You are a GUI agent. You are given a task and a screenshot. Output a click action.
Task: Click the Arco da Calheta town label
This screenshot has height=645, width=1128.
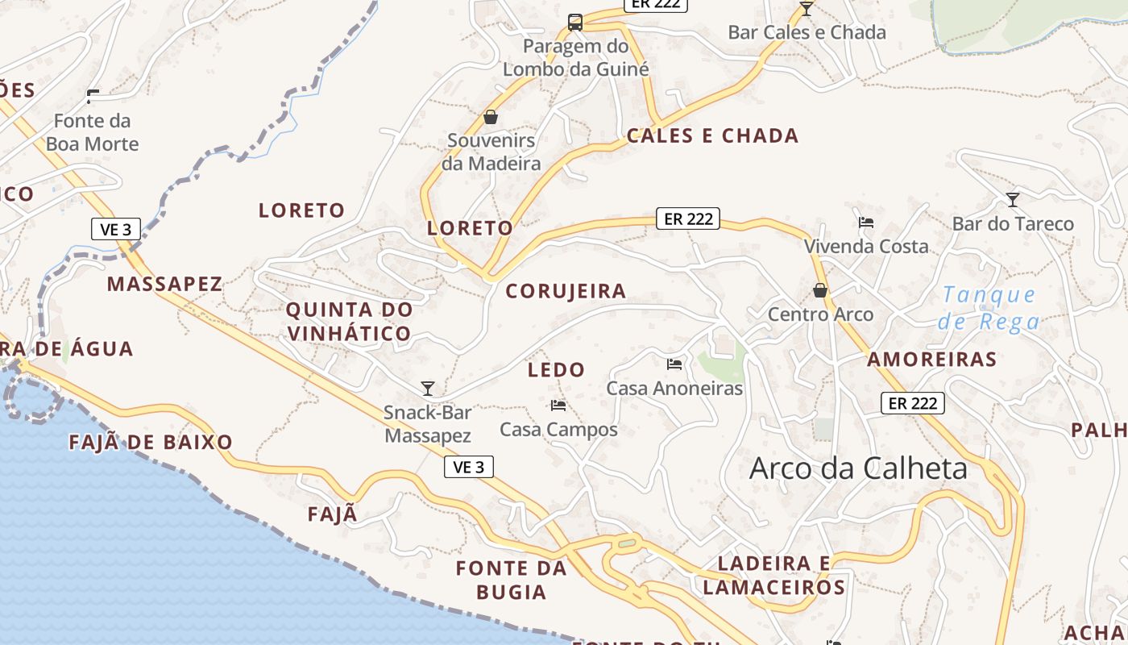(x=858, y=468)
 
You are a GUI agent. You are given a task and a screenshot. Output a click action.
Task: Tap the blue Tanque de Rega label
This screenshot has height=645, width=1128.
(x=989, y=308)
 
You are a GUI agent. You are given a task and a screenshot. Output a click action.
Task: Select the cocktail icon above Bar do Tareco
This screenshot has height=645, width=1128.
(x=1013, y=199)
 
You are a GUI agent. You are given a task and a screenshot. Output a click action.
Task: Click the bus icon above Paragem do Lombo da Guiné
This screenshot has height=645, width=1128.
(x=574, y=23)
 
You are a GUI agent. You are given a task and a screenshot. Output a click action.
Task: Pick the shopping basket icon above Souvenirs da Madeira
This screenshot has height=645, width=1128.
(x=490, y=118)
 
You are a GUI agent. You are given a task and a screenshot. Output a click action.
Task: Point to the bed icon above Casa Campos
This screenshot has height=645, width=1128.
(x=558, y=405)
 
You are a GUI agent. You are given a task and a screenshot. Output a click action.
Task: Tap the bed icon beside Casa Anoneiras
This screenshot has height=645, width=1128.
(x=674, y=364)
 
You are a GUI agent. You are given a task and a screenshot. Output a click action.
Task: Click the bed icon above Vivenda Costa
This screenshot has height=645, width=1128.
(x=866, y=222)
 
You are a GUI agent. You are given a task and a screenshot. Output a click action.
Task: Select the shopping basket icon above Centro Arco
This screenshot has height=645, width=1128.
(x=820, y=290)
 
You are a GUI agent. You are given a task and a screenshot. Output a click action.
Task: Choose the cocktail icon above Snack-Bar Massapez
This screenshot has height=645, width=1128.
(x=428, y=389)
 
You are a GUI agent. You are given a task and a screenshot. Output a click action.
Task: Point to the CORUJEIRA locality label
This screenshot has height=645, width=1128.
(x=566, y=291)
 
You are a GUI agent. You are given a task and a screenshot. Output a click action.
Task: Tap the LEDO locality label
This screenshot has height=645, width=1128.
(x=556, y=370)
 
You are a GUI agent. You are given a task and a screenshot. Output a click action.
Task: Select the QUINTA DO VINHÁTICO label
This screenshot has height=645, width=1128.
(x=349, y=321)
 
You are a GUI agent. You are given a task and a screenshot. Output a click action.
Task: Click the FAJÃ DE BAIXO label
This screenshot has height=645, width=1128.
(x=151, y=442)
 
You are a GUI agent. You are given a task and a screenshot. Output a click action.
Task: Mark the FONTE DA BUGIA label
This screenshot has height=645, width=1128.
(x=512, y=580)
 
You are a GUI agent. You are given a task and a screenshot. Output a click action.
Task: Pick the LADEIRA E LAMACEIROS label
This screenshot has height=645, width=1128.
(x=773, y=575)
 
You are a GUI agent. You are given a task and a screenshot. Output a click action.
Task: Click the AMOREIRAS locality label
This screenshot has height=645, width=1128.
(x=931, y=360)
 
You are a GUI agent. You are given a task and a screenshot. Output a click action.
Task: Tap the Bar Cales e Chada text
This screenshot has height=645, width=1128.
(x=807, y=33)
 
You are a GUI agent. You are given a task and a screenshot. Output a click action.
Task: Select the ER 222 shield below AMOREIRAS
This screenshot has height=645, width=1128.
(x=912, y=403)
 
